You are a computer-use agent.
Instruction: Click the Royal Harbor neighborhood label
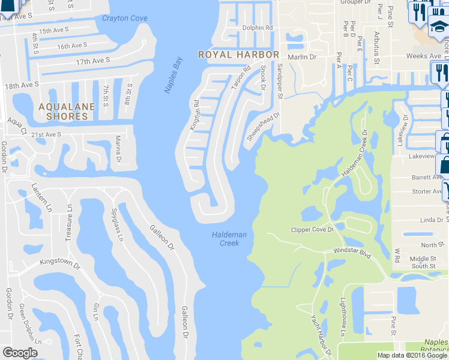239,55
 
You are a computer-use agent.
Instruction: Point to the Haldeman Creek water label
229,239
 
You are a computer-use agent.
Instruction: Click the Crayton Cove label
125,19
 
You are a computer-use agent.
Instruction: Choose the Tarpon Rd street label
240,78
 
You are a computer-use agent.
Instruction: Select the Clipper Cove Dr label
312,229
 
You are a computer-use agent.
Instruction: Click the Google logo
20,353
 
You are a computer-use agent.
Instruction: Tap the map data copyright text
412,355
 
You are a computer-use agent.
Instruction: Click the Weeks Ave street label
423,56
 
